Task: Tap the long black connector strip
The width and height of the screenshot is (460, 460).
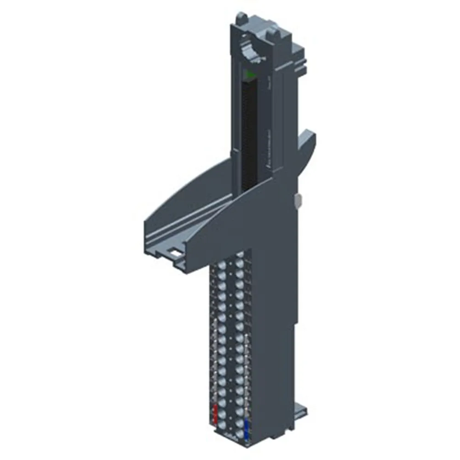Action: coord(248,133)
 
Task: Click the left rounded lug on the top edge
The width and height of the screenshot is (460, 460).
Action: coord(240,18)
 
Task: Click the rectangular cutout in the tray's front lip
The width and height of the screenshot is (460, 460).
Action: coord(174,252)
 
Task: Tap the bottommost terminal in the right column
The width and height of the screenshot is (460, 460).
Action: coord(239,435)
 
